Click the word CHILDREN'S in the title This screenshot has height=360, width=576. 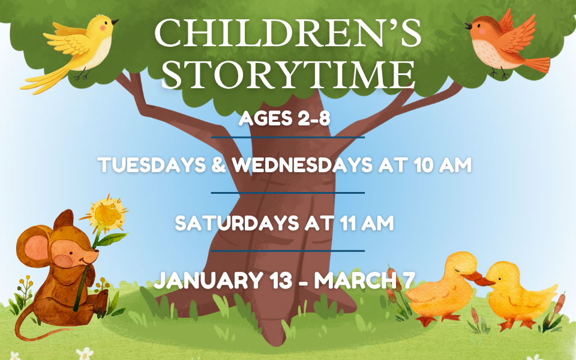pos(287,33)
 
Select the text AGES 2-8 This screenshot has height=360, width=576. pos(284,119)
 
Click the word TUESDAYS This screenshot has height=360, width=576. pos(152,165)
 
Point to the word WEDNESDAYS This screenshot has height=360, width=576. pos(302,165)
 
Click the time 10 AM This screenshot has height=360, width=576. pos(442,165)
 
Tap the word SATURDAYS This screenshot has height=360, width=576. pos(236,223)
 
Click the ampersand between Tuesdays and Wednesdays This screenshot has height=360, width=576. pos(218,165)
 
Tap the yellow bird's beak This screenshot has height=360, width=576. pos(115,22)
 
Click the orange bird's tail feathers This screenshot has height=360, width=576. pos(536,65)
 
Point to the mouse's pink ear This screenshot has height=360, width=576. pos(37,247)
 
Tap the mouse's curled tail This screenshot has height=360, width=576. pos(33,325)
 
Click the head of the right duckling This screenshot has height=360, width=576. pos(503,274)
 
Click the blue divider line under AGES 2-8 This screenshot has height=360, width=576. pos(287,137)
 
